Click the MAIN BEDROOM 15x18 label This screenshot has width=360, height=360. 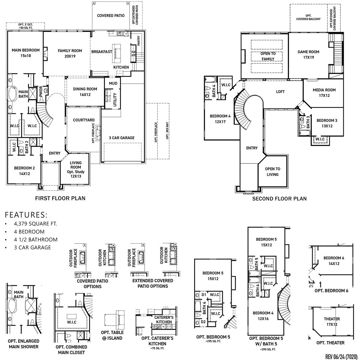[25, 53]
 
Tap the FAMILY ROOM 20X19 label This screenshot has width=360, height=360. [70, 53]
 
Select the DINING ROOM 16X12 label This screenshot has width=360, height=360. [85, 92]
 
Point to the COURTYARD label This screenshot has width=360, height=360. [84, 120]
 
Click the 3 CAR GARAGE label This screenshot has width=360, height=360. [121, 138]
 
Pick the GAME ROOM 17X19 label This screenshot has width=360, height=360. [308, 55]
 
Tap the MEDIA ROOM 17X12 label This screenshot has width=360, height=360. [324, 93]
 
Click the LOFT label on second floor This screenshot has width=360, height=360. [280, 91]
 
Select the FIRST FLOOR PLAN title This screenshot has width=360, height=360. [60, 198]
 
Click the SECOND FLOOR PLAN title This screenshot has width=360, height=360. [279, 199]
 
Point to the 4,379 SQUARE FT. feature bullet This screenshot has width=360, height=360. [35, 223]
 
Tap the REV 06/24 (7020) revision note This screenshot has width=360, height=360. [341, 356]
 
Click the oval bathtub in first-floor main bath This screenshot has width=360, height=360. [12, 97]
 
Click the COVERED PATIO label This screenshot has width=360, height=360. [111, 16]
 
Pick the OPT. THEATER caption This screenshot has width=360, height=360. [330, 343]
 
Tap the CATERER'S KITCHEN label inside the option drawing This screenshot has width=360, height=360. [164, 319]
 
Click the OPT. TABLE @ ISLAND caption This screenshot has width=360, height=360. [112, 335]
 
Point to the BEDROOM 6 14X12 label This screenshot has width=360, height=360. [334, 261]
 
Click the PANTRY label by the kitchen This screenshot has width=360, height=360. [139, 40]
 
